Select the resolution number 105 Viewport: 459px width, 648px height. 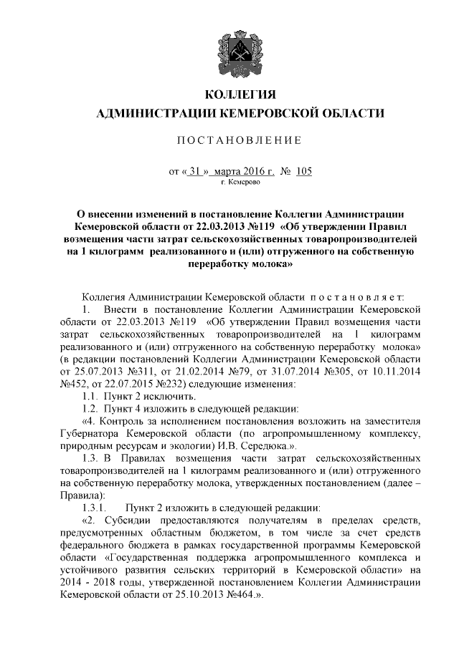pos(304,172)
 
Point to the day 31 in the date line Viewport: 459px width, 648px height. pos(194,172)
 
